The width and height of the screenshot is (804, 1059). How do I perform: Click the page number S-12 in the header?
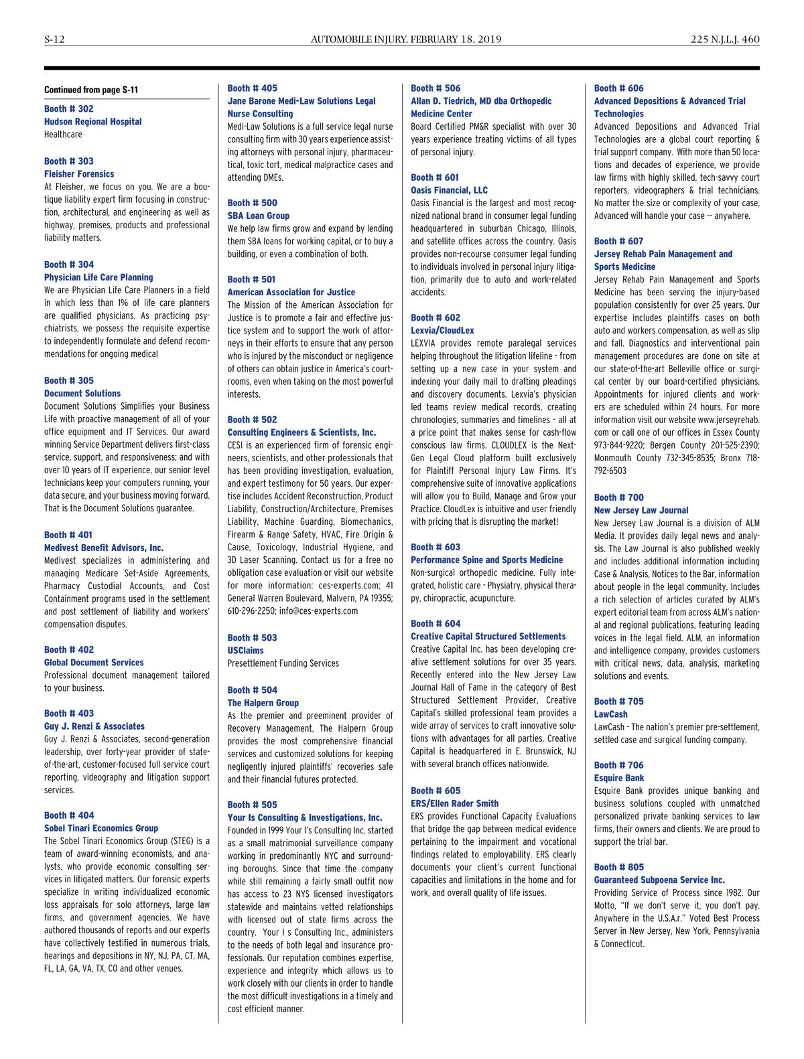54,39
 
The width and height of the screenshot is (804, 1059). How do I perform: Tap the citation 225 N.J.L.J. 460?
725,39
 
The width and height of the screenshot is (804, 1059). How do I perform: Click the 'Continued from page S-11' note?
91,90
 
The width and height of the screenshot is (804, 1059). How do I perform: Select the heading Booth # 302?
69,108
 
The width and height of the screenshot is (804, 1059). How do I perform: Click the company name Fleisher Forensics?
79,174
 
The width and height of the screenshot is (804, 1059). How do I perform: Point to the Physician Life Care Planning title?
98,277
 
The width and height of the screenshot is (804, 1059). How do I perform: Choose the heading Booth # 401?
68,535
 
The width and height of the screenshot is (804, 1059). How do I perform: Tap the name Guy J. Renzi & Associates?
94,726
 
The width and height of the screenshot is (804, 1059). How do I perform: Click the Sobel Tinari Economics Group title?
101,828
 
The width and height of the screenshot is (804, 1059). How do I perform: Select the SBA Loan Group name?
259,216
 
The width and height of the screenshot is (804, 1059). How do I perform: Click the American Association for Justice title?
291,293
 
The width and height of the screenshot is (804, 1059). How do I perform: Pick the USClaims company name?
246,651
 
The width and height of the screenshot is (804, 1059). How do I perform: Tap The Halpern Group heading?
263,703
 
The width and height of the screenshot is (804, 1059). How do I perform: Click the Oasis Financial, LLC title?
450,190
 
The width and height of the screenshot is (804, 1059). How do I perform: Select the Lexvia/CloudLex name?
442,331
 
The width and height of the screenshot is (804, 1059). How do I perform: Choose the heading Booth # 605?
435,791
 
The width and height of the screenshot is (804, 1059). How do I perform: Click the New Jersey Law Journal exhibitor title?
641,510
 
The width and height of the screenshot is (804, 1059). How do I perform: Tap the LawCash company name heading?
611,714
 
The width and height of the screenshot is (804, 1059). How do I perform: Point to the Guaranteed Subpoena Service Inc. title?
659,880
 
